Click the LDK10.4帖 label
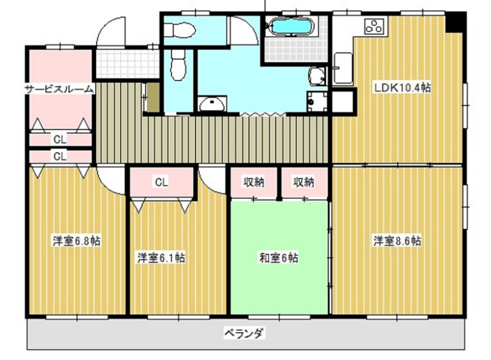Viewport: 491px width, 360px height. (402, 88)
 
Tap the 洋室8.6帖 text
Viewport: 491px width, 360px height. (398, 240)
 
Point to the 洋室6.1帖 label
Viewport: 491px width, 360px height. (161, 258)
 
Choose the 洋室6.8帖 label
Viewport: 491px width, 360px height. (76, 240)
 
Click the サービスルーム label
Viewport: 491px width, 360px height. (59, 89)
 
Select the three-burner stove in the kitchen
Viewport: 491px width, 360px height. (374, 26)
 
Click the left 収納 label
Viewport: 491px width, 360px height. (254, 181)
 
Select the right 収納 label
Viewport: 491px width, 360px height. (303, 181)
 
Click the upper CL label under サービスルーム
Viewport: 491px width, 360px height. (59, 139)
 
